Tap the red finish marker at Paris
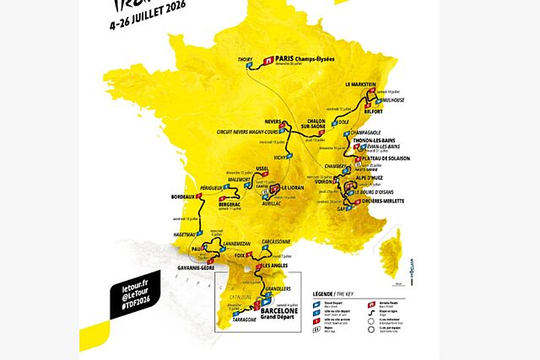point(269,61)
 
